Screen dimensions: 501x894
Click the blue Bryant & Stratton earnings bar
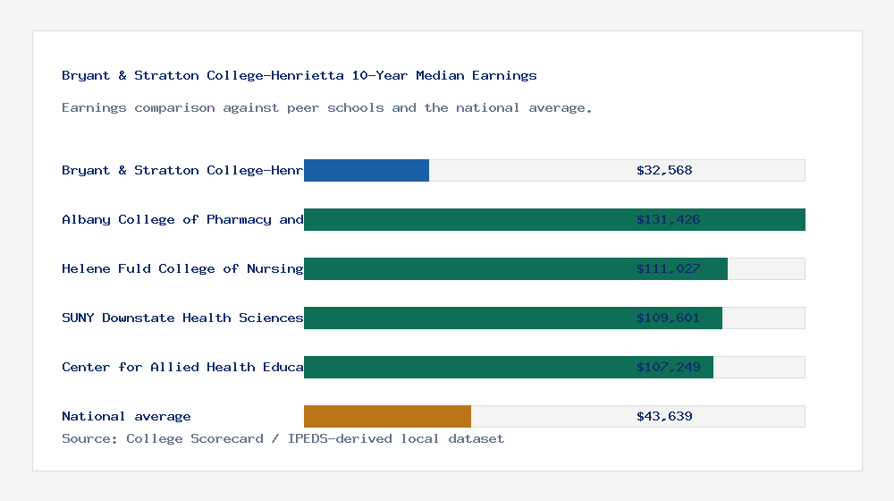click(367, 170)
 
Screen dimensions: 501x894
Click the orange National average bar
click(387, 416)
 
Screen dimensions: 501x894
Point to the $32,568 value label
click(664, 170)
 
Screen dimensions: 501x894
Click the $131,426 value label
click(668, 219)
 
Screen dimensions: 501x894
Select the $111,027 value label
click(668, 268)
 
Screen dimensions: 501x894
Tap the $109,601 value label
click(668, 318)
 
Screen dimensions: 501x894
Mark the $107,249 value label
click(668, 367)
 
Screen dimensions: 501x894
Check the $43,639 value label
click(664, 416)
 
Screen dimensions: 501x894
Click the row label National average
click(126, 416)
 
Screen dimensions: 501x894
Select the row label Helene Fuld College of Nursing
click(182, 268)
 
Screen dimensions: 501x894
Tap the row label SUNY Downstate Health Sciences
click(182, 318)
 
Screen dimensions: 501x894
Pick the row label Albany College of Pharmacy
click(182, 219)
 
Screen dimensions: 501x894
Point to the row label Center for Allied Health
click(182, 367)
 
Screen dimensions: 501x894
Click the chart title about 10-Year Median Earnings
click(299, 75)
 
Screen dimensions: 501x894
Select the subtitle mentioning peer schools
click(327, 107)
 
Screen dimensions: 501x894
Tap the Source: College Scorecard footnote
click(283, 438)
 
